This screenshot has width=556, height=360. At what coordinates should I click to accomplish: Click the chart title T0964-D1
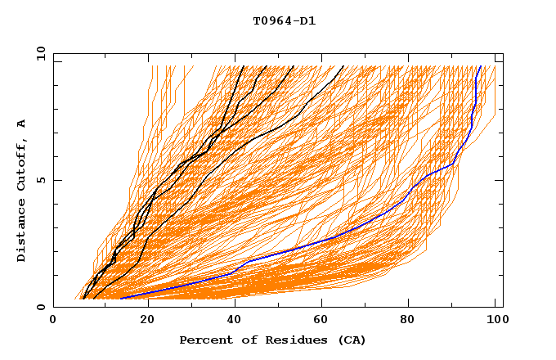pyautogui.click(x=284, y=21)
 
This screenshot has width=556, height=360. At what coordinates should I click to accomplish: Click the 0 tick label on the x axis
pyautogui.click(x=53, y=322)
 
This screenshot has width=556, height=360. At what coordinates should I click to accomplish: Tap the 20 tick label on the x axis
pyautogui.click(x=141, y=322)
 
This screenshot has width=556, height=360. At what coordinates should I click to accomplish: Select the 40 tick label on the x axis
pyautogui.click(x=230, y=322)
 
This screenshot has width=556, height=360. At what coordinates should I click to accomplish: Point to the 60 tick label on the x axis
pyautogui.click(x=318, y=322)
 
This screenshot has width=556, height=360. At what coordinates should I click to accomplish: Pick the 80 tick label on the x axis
pyautogui.click(x=406, y=322)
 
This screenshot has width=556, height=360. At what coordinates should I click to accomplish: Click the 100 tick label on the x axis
pyautogui.click(x=494, y=322)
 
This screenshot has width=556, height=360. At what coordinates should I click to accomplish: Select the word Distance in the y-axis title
pyautogui.click(x=22, y=232)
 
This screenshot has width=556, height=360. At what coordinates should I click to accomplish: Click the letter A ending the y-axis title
pyautogui.click(x=22, y=124)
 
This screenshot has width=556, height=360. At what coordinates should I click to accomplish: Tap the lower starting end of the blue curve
pyautogui.click(x=121, y=298)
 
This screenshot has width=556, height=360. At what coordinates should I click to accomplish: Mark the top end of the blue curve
pyautogui.click(x=479, y=66)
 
